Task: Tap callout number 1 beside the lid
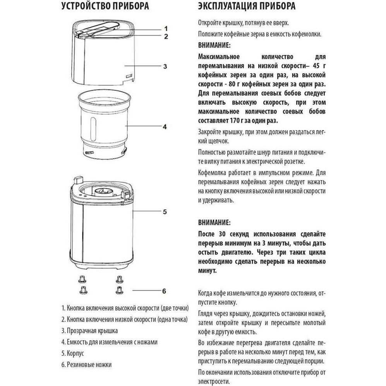(x=166, y=29)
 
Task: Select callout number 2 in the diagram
(x=166, y=37)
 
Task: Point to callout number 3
(x=165, y=66)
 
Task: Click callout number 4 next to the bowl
(x=165, y=126)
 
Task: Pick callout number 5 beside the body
(x=165, y=212)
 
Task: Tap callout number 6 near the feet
(x=165, y=291)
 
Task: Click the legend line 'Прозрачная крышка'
(x=89, y=331)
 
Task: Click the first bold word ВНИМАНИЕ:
(x=214, y=44)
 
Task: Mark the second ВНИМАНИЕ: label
(x=214, y=224)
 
